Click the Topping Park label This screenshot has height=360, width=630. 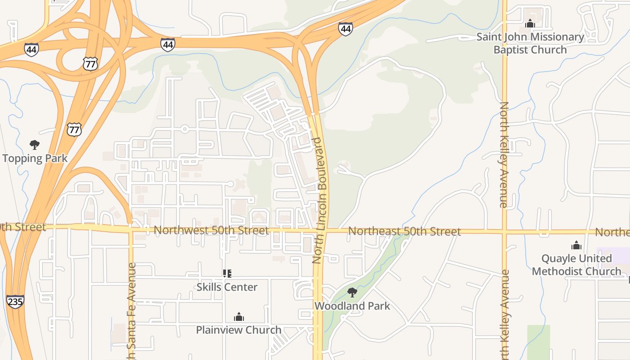pos(35,158)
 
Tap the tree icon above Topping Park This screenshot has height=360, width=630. pos(35,145)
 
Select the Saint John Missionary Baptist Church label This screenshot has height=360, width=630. pos(530,43)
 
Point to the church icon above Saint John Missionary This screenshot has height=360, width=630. pos(530,23)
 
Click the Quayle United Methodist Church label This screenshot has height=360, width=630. pos(576,265)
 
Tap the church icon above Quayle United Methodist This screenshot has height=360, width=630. pos(576,245)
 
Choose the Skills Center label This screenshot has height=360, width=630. pos(227,287)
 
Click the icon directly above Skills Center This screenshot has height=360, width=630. pos(227,273)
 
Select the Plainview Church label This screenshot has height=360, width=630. pos(238,330)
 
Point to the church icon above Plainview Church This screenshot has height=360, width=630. pos(239,317)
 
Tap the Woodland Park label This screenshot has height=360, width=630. pos(352,306)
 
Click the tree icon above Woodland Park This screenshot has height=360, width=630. pos(352,292)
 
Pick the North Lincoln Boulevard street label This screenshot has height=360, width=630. pos(320,200)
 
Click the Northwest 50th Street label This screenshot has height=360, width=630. pos(211,230)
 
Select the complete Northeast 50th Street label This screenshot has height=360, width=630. pos(404,231)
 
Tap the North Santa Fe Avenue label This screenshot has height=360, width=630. pos(131,310)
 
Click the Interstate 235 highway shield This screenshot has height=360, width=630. pos(15,301)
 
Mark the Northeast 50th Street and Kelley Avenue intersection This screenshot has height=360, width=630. pos(504,232)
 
